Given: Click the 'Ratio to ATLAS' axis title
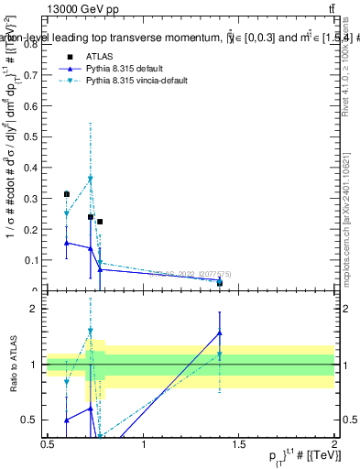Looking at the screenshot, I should click(x=13, y=365).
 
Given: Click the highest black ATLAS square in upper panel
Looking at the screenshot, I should click(x=67, y=194).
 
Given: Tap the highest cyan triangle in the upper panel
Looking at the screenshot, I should click(x=90, y=179).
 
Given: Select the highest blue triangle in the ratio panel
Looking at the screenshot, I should click(x=220, y=333).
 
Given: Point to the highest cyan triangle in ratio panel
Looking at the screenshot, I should click(x=90, y=331).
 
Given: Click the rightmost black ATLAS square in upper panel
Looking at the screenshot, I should click(x=220, y=282).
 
